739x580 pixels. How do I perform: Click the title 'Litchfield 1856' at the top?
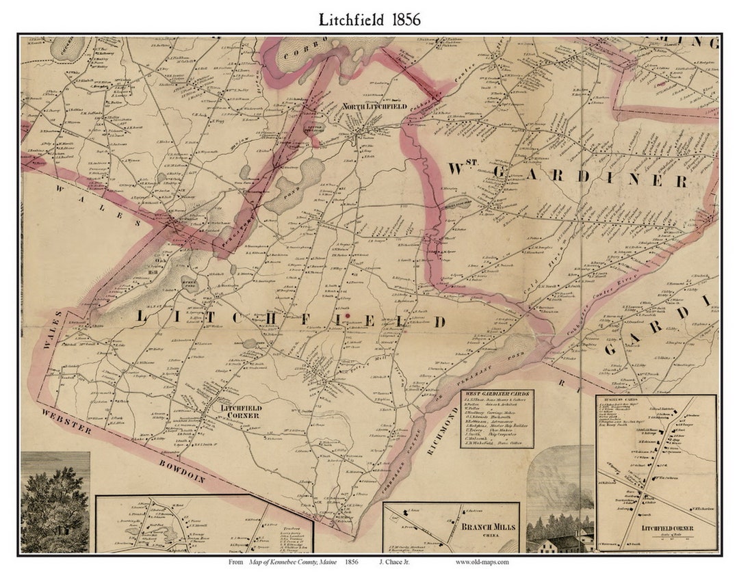369,20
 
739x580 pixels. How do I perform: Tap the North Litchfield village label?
376,107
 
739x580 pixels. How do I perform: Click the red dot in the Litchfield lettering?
348,316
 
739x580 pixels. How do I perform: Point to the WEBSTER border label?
66,421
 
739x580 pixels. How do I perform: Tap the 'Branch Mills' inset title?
487,527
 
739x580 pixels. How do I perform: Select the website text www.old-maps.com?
482,562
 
